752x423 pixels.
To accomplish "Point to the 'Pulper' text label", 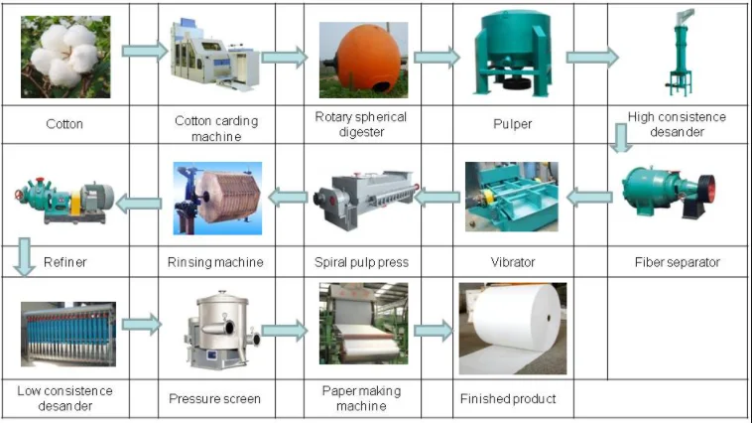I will point(512,125).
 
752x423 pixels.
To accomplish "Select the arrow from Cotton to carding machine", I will point(143,51).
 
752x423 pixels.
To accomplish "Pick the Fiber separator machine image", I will point(669,195).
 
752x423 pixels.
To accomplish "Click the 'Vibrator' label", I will point(512,262).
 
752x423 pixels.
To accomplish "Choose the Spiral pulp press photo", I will point(362,198).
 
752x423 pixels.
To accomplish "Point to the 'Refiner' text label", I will point(65,262).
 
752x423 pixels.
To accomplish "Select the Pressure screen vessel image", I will point(215,330).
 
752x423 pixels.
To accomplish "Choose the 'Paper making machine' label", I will point(361,398).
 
